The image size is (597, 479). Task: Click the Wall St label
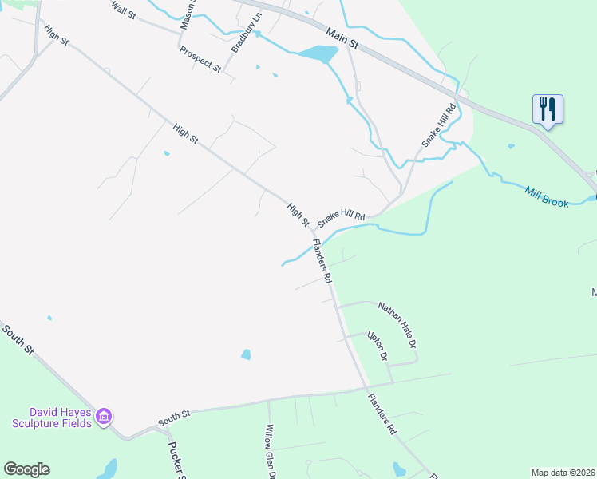[125, 10]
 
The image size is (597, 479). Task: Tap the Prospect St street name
[200, 60]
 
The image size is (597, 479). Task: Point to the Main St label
[344, 40]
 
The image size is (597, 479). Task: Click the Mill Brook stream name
[547, 196]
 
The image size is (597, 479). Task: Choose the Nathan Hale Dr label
[398, 324]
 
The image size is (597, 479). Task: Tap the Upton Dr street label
[377, 346]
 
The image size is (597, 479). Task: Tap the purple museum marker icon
[104, 416]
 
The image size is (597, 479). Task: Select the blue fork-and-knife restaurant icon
[548, 108]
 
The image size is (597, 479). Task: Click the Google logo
[26, 469]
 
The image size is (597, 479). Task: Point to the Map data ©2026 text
[563, 473]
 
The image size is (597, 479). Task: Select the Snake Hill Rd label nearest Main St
[439, 125]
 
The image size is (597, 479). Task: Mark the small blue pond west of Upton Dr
[246, 354]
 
